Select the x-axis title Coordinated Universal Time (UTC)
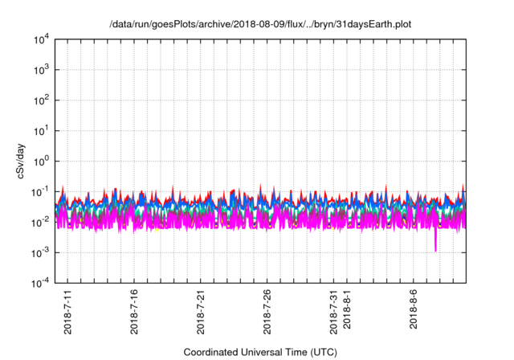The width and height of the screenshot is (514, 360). pos(259,352)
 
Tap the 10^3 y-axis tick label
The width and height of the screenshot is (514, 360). pos(42,70)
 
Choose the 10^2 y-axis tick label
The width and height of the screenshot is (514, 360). pos(42,100)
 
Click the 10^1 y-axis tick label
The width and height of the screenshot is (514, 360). pos(42,130)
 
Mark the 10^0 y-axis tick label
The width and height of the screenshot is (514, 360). pos(42,161)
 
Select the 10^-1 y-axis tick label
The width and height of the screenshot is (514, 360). pos(40,191)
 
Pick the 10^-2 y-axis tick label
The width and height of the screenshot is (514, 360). pos(40,222)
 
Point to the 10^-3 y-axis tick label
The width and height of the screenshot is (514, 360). pos(40,252)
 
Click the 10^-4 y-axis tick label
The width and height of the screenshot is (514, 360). pos(40,282)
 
